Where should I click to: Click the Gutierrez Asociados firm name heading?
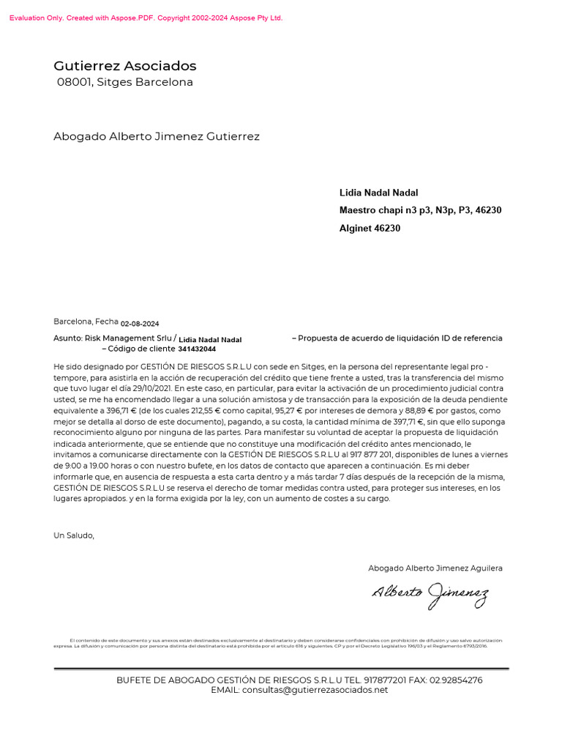pos(125,66)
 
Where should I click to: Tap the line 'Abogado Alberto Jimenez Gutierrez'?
pos(157,136)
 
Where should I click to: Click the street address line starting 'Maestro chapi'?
pos(420,210)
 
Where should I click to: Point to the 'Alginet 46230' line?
pos(370,228)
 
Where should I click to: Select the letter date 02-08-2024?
pos(140,323)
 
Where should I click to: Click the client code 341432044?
pos(197,349)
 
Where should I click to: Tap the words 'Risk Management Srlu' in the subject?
pos(129,338)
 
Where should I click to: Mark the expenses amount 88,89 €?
pos(416,410)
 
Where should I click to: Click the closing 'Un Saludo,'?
pos(74,535)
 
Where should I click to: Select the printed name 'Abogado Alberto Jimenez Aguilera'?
pos(435,568)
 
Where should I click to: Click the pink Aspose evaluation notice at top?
pos(146,18)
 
